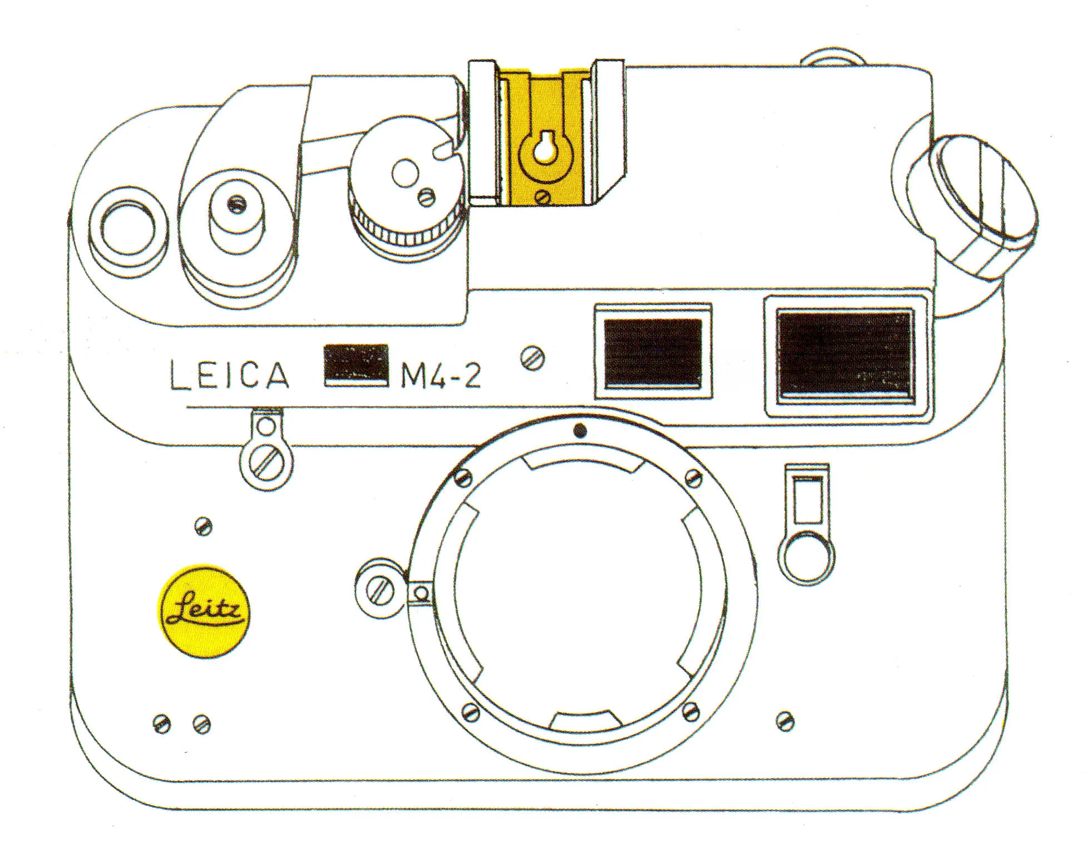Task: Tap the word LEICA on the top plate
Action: click(229, 374)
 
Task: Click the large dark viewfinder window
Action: click(844, 356)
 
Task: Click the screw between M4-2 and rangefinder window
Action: click(533, 358)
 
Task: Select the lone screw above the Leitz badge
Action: click(204, 526)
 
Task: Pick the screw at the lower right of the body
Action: click(784, 721)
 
